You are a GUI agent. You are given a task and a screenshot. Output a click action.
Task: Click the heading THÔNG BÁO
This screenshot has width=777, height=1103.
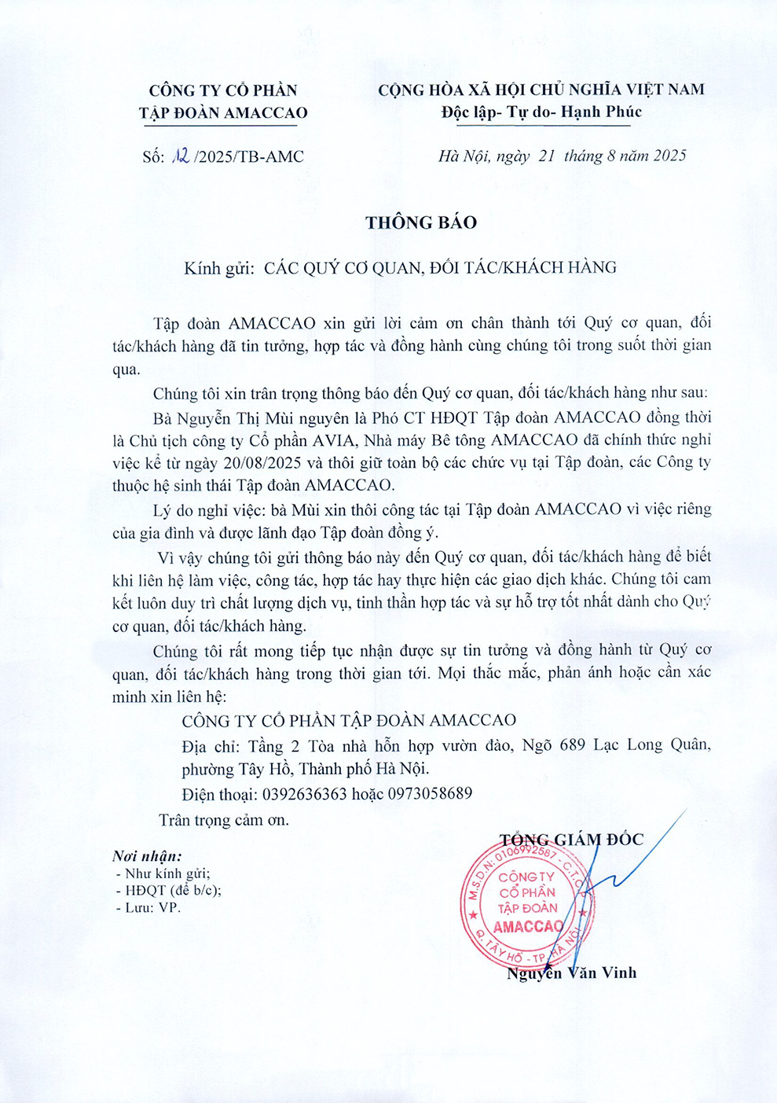421,222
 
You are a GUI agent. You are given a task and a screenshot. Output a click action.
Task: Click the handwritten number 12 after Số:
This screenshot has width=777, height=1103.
180,156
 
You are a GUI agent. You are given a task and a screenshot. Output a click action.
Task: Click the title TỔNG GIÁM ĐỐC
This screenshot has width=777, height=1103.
571,840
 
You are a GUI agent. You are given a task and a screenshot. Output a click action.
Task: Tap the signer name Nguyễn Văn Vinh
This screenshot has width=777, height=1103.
571,973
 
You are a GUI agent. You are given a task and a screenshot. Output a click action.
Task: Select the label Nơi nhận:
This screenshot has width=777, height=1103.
147,856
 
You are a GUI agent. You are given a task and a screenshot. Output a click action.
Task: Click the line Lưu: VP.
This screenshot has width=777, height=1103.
152,907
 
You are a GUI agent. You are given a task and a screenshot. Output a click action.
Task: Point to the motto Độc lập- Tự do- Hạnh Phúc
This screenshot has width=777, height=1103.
541,112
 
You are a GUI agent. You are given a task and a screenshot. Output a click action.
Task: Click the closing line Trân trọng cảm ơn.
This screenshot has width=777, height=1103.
224,820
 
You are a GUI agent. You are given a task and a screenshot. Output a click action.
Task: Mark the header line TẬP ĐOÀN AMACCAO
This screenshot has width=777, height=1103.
223,112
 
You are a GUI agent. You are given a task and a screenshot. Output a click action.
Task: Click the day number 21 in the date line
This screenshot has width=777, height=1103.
547,156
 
